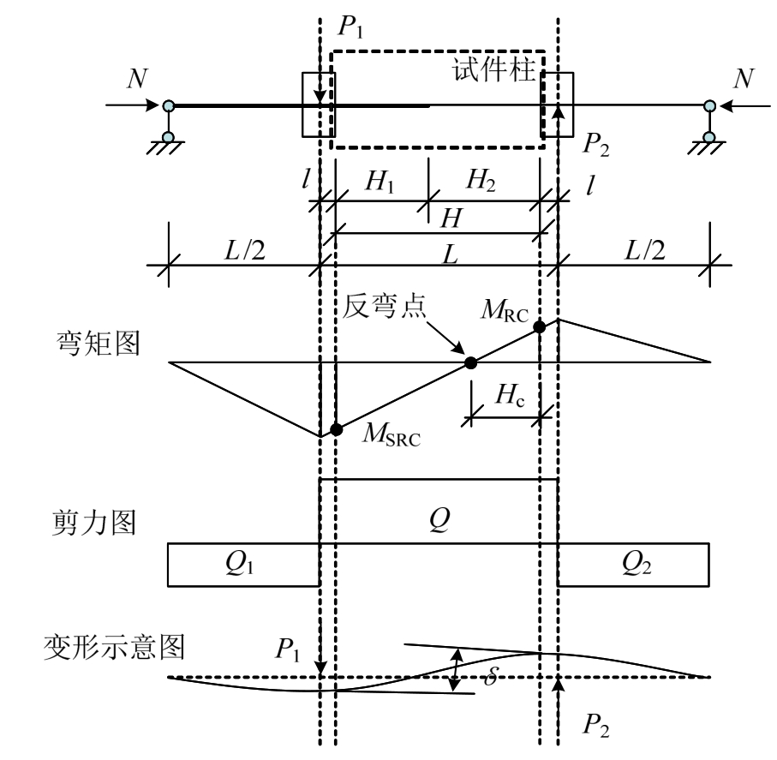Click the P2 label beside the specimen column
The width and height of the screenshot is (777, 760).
[597, 143]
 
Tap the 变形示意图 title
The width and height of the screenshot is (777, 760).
[114, 646]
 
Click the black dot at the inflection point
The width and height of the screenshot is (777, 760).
[469, 362]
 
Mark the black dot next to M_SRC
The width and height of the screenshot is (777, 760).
[336, 428]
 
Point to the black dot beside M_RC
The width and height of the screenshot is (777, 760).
[540, 326]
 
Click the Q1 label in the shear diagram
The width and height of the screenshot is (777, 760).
[242, 566]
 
